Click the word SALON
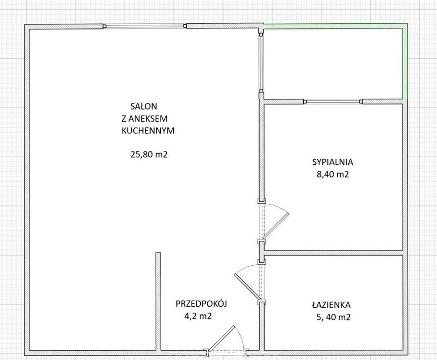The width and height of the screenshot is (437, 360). (x=143, y=106)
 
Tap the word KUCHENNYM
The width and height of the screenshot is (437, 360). (x=148, y=131)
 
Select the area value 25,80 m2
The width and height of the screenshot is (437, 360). (x=149, y=154)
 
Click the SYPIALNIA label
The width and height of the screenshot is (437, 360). (x=333, y=162)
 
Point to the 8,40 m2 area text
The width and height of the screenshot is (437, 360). (x=333, y=174)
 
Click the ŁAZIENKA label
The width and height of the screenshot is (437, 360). (x=331, y=305)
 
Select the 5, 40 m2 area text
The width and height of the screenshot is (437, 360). (x=334, y=317)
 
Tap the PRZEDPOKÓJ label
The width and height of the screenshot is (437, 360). (x=201, y=303)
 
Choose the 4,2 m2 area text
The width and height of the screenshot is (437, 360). (x=198, y=316)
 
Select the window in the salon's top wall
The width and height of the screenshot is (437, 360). (x=145, y=26)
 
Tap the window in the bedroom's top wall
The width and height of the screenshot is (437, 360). (x=333, y=101)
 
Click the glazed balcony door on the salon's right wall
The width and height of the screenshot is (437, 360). (x=261, y=63)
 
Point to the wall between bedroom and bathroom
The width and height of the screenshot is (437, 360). (x=333, y=253)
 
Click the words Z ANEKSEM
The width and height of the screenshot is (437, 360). (x=144, y=119)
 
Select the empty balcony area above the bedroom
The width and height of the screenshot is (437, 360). (x=333, y=63)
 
